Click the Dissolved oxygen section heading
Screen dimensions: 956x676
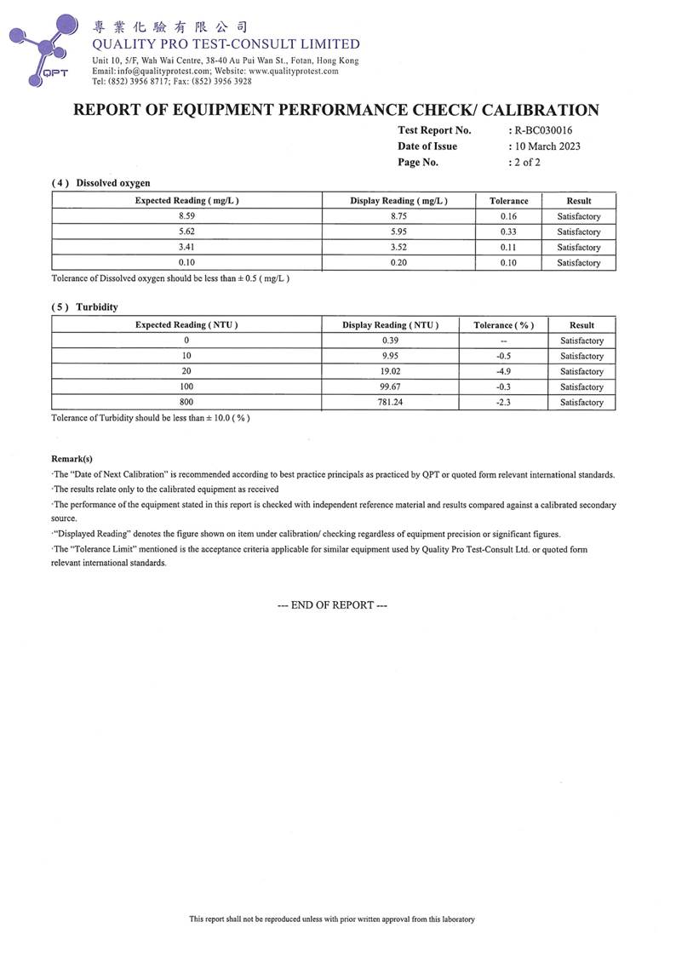pos(112,183)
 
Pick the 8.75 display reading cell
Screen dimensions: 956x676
pos(398,216)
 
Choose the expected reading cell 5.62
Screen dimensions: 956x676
pos(187,232)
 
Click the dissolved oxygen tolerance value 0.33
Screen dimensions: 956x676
pos(508,232)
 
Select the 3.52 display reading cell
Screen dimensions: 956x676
pos(398,247)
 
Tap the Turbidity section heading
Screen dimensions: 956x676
pos(96,306)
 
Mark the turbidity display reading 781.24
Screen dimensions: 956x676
pos(390,402)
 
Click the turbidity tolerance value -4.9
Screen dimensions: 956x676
pos(502,371)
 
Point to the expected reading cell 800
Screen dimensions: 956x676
pos(186,402)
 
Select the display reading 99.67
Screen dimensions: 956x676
pos(390,386)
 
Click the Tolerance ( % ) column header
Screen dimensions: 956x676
pos(503,325)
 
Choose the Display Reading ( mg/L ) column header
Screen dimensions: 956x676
pos(398,201)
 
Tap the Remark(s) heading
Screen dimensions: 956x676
pos(72,458)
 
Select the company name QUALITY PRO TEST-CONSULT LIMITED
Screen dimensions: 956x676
pos(226,44)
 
